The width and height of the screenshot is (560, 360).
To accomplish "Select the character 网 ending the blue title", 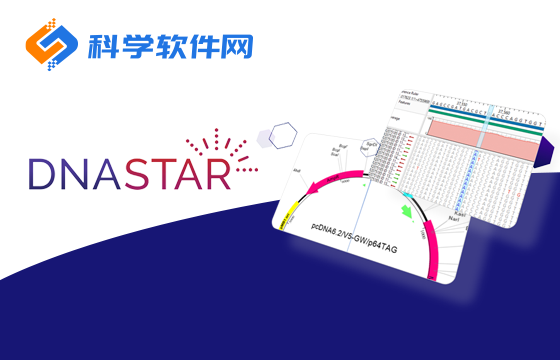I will coord(237,45).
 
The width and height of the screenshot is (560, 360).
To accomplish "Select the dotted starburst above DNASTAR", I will coord(217,145).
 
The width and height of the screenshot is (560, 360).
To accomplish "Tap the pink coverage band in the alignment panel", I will coord(490,140).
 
